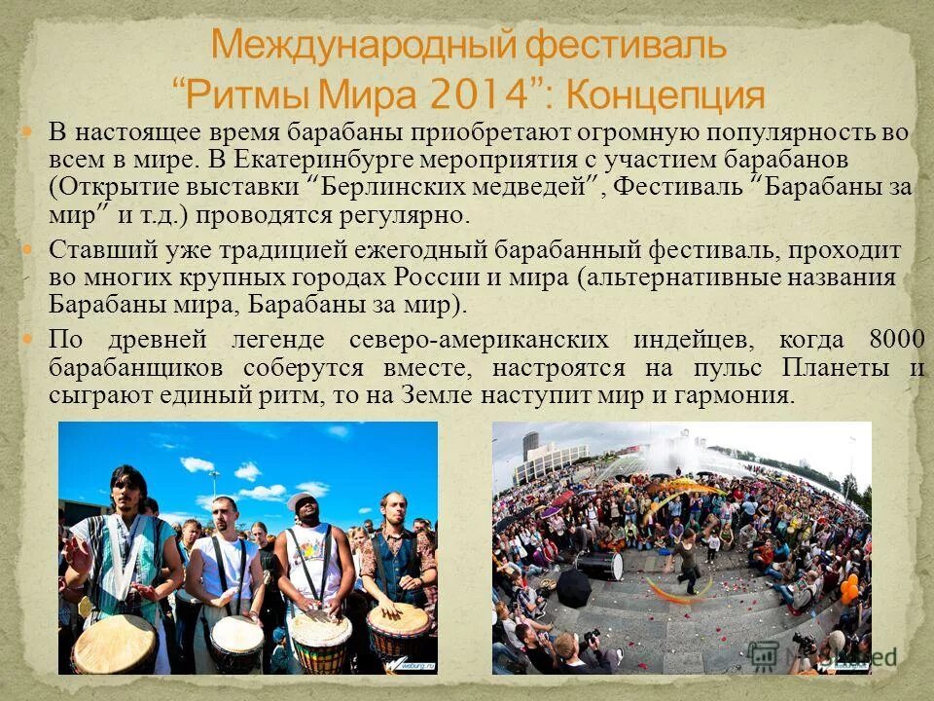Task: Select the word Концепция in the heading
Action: click(665, 94)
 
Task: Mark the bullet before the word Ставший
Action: click(28, 250)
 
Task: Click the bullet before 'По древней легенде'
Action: click(28, 340)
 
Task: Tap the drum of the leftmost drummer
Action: click(115, 643)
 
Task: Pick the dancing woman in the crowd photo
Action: click(687, 562)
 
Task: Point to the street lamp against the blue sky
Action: click(213, 476)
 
